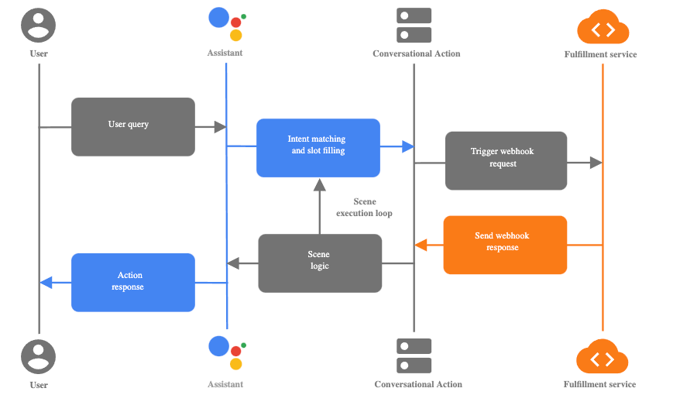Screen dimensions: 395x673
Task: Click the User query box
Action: click(x=132, y=126)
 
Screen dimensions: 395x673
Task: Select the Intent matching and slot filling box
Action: click(x=318, y=147)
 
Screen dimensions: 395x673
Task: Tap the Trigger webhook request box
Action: click(x=506, y=160)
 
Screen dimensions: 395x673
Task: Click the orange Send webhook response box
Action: click(x=505, y=244)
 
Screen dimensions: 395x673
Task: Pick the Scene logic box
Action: click(x=319, y=263)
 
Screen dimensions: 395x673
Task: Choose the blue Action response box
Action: click(x=132, y=282)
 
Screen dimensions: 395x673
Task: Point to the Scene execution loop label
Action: click(x=364, y=208)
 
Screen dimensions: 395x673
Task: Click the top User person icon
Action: click(x=39, y=25)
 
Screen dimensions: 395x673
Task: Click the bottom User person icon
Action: click(x=39, y=355)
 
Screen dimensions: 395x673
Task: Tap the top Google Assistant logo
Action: click(x=227, y=24)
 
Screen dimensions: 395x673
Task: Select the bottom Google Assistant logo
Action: click(x=227, y=353)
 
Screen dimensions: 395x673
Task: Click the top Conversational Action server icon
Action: click(x=414, y=25)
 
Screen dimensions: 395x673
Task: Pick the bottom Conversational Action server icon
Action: click(x=414, y=355)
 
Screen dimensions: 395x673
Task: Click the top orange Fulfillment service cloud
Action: click(x=603, y=28)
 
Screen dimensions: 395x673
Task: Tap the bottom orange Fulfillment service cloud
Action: click(x=603, y=357)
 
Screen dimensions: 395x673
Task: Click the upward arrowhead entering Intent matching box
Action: click(x=319, y=184)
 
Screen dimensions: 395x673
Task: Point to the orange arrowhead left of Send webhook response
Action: click(x=421, y=245)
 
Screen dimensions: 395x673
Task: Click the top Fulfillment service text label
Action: click(x=600, y=54)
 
